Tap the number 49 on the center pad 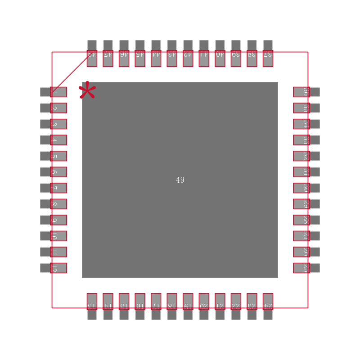(x=180, y=180)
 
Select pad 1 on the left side (x=58, y=92)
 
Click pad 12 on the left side (x=58, y=268)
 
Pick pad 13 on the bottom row (x=92, y=301)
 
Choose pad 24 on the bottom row (x=268, y=301)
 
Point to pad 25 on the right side (x=301, y=268)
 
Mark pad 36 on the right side (x=301, y=92)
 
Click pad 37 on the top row (x=268, y=58)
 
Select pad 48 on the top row (x=92, y=58)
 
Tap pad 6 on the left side (x=58, y=172)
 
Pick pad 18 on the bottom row (x=172, y=301)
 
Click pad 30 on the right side (x=301, y=188)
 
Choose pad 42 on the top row (x=188, y=58)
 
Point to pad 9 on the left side (x=58, y=220)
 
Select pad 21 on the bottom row (x=220, y=301)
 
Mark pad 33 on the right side (x=301, y=140)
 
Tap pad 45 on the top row (x=140, y=58)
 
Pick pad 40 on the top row (x=220, y=58)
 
